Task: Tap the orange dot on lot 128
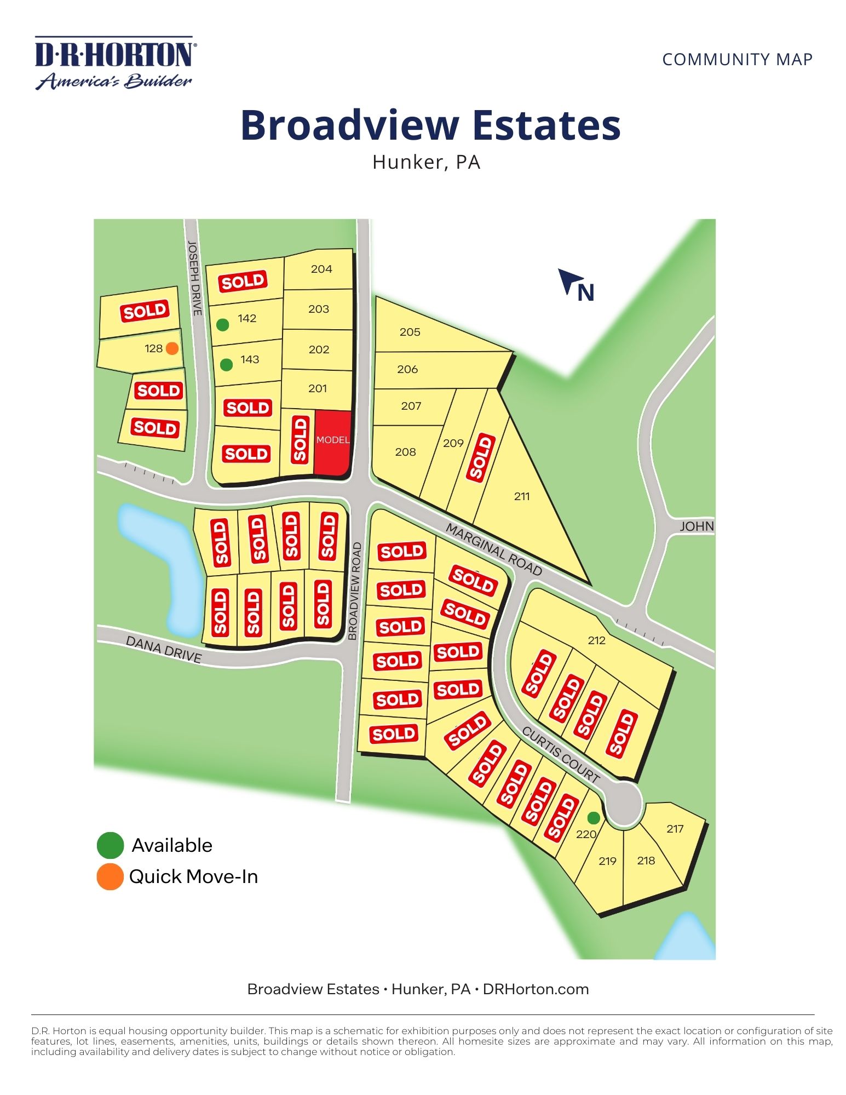pos(172,348)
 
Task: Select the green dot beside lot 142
pos(222,325)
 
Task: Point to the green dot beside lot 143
pos(226,365)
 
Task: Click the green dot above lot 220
pos(594,818)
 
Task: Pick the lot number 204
pos(321,269)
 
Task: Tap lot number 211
pos(522,496)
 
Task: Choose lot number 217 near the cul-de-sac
pos(675,829)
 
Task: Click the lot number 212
pos(596,640)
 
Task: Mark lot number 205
pos(410,332)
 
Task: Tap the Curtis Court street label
pos(561,754)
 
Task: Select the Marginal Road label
pos(494,549)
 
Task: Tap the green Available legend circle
pos(110,845)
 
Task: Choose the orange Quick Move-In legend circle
pos(110,877)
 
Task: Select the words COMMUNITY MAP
pos(737,59)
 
